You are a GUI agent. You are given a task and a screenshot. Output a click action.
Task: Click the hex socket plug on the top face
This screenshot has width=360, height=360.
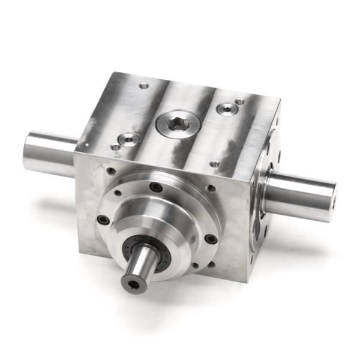pyautogui.click(x=178, y=124)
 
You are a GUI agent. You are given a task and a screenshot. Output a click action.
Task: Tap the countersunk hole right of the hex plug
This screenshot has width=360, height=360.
pyautogui.click(x=227, y=109)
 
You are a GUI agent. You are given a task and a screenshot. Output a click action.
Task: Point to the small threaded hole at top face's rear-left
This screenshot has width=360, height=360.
pyautogui.click(x=143, y=86)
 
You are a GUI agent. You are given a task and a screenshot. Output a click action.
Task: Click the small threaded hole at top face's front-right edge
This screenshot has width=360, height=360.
pyautogui.click(x=215, y=163)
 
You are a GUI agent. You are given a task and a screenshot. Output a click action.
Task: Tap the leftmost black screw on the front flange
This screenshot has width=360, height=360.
pyautogui.click(x=103, y=220)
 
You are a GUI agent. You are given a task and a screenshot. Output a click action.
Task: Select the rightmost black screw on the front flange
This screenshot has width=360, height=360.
pyautogui.click(x=211, y=239)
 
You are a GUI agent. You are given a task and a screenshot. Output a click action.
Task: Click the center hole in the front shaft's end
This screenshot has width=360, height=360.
pyautogui.click(x=134, y=284)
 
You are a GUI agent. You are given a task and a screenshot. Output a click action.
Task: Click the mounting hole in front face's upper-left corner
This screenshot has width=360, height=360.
pyautogui.click(x=110, y=171)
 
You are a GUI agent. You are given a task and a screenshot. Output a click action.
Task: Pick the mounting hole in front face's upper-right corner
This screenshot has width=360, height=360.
pyautogui.click(x=211, y=188)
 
